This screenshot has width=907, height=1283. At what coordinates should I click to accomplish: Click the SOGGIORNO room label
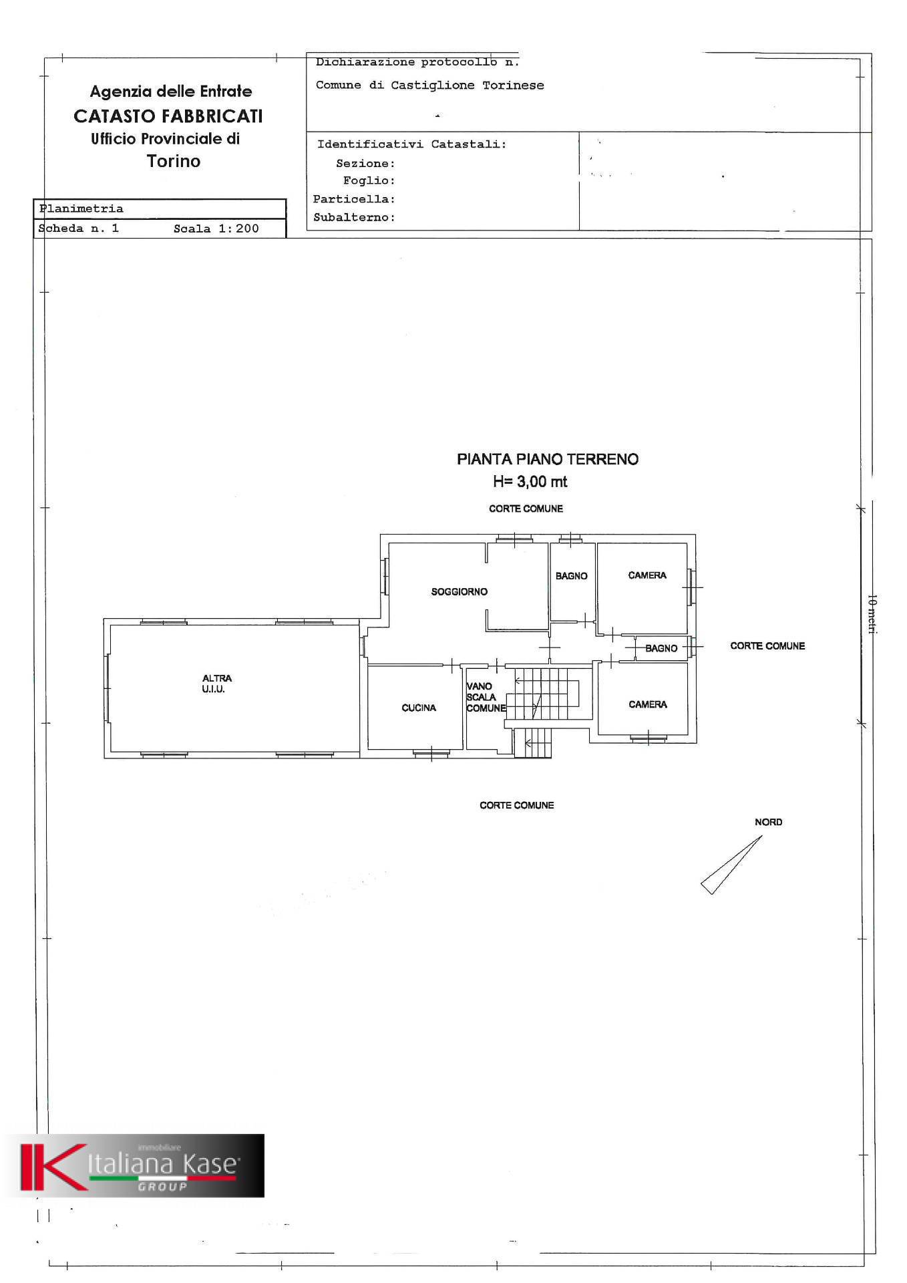pos(460,591)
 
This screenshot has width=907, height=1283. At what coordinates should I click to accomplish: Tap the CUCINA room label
pos(419,708)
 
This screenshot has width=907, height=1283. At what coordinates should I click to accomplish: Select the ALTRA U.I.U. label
pos(216,684)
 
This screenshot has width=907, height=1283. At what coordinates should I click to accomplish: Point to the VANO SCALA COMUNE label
pos(486,697)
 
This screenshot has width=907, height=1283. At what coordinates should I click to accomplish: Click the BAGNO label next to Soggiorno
pos(572,576)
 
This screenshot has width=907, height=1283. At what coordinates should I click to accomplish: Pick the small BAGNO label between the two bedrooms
pos(661,648)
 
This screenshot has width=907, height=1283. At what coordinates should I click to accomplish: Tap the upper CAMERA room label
pos(647,575)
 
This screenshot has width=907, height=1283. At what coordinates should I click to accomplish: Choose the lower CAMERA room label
pos(648,704)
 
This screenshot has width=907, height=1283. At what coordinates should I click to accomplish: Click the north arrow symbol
pos(731,865)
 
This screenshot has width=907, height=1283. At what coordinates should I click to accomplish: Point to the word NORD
pos(768,822)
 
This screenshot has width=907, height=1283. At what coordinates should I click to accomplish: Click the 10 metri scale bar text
pos(872,614)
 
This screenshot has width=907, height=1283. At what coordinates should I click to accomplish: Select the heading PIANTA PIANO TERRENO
pos(548,459)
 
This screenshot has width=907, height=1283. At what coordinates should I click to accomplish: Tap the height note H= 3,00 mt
pos(530,481)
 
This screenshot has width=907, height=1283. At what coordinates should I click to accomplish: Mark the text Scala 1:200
pos(216,229)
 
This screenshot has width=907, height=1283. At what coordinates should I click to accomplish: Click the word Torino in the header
pos(174,161)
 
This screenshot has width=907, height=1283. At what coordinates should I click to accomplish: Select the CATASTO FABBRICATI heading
pos(168,116)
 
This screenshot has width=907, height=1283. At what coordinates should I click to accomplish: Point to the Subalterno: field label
pos(354,218)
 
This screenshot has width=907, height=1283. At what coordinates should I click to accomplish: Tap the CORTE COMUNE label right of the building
pos(767,646)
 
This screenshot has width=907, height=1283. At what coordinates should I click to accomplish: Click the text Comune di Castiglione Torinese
pos(430,86)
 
